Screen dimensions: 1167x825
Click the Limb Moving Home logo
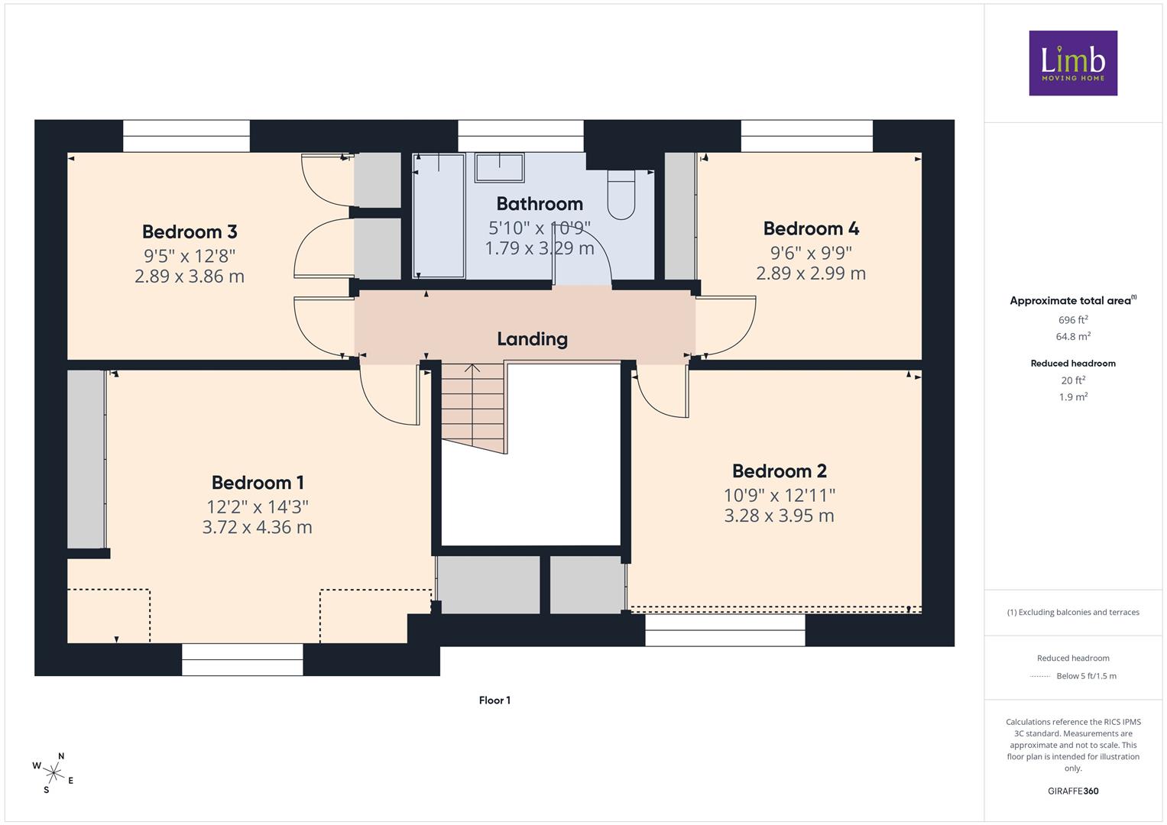click(x=1073, y=63)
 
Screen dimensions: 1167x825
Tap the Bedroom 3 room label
click(x=190, y=231)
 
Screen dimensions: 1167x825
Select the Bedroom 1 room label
click(x=258, y=482)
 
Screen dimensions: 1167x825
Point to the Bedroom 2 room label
click(x=780, y=471)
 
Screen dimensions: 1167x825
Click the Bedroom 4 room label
click(x=811, y=228)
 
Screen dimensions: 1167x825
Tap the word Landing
click(x=533, y=339)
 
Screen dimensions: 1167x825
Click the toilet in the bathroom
click(x=621, y=195)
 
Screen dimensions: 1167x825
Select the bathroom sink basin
click(x=499, y=167)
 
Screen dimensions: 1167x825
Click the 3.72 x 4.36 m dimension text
click(x=258, y=527)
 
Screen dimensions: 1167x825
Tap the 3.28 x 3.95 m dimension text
click(x=780, y=516)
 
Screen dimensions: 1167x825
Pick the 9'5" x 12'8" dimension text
click(x=190, y=256)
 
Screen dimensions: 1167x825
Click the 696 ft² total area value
click(x=1073, y=320)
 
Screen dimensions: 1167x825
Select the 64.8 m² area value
click(x=1073, y=336)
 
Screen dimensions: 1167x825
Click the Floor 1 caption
click(x=494, y=700)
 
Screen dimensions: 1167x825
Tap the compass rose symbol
click(x=53, y=773)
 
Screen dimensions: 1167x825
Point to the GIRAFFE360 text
click(x=1073, y=791)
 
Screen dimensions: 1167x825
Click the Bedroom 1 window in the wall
click(x=242, y=659)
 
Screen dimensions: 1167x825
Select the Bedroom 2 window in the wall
click(x=725, y=631)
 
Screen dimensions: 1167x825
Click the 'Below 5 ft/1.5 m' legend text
click(x=1086, y=676)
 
